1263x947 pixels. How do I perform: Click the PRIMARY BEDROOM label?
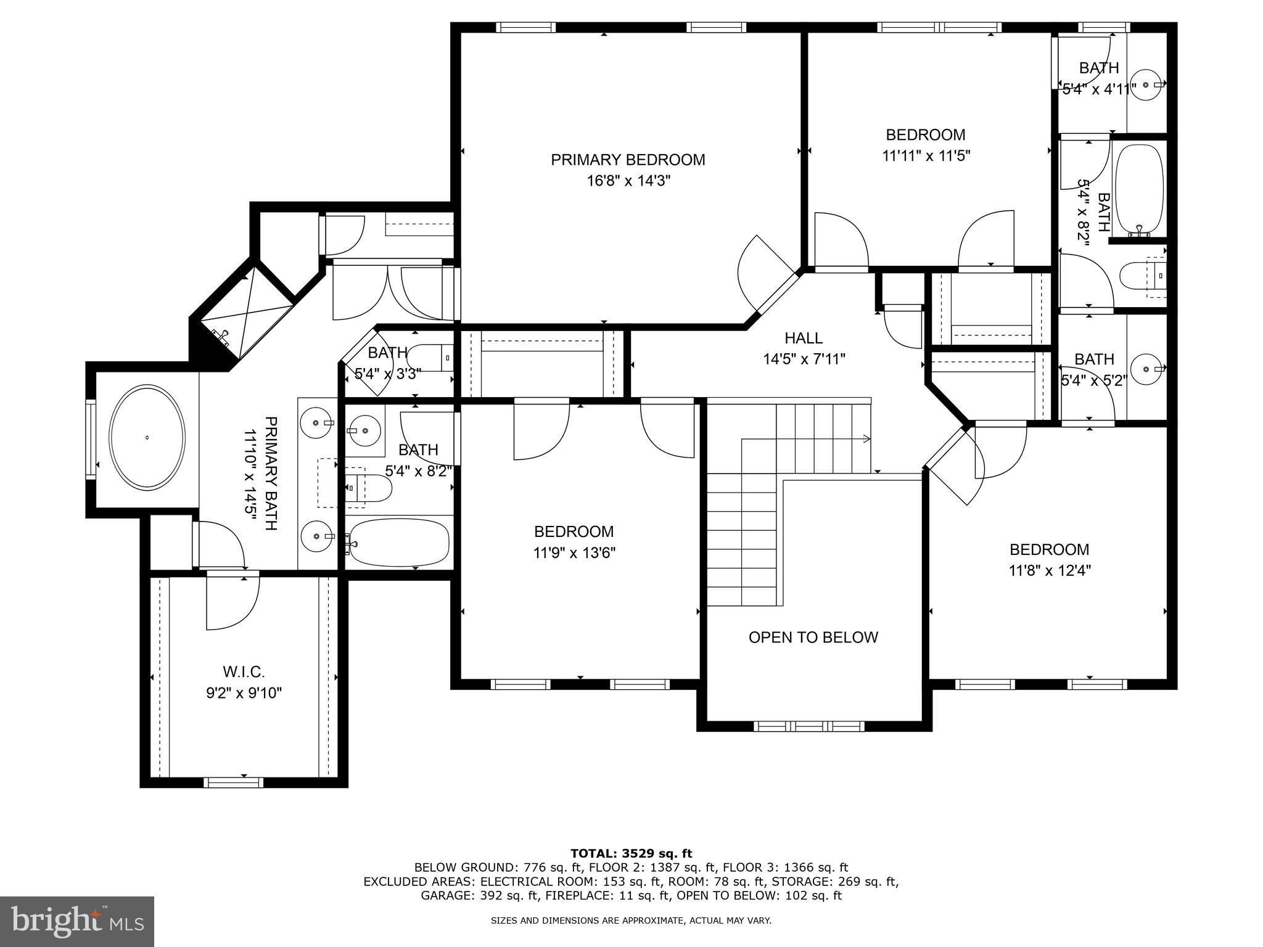point(628,160)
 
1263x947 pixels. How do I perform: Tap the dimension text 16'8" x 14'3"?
point(628,181)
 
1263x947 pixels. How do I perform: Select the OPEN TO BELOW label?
point(813,637)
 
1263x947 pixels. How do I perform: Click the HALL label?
point(804,338)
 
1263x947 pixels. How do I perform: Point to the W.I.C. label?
point(244,671)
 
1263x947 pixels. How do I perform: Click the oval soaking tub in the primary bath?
point(147,438)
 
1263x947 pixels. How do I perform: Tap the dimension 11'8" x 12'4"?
point(1050,571)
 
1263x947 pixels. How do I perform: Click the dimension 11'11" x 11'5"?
point(926,156)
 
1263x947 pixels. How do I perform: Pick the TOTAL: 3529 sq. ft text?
point(631,853)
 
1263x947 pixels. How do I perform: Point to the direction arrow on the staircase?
point(866,439)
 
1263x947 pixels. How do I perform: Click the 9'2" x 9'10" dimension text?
point(244,693)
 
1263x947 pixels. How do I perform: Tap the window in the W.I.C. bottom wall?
point(234,782)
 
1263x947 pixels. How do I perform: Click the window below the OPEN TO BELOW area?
point(809,726)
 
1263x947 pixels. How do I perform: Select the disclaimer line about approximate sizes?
point(631,920)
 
